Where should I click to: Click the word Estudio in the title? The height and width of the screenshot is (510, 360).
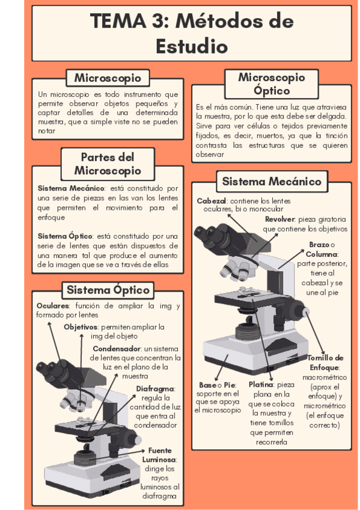tap(192, 46)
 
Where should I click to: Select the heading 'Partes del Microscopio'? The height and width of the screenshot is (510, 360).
tap(108, 164)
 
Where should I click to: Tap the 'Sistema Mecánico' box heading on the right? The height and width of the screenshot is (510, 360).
tap(272, 181)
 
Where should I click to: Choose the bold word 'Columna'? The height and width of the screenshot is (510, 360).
tap(322, 254)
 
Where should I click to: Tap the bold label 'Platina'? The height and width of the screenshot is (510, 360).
tap(261, 384)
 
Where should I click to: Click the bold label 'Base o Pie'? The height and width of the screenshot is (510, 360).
tap(218, 385)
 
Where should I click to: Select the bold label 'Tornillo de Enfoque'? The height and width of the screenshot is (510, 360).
tap(325, 363)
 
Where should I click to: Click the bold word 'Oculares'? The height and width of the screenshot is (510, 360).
tap(53, 306)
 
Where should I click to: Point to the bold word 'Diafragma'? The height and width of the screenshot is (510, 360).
tap(155, 389)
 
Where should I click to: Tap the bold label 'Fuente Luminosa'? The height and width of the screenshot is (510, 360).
tap(159, 455)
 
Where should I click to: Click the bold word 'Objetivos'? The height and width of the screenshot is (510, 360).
tap(81, 327)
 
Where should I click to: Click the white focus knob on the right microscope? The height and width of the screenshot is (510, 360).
tap(306, 312)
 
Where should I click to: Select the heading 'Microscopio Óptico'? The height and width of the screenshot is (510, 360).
tap(272, 84)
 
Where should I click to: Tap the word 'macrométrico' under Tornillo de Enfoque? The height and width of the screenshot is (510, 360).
tap(325, 377)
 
